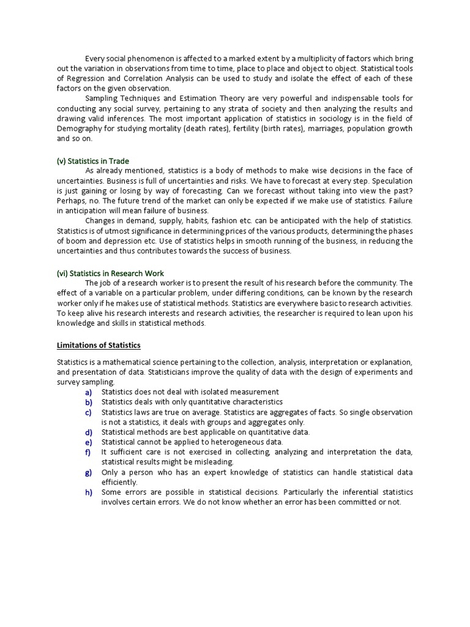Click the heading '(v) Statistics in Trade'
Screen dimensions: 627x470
(x=93, y=161)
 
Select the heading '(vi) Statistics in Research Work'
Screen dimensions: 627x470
(x=111, y=273)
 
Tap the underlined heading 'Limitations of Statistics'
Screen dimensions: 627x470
(x=99, y=345)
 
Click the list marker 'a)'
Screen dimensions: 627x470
(x=89, y=392)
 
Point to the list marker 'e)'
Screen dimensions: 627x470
(x=89, y=442)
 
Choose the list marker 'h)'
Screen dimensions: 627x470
(x=89, y=492)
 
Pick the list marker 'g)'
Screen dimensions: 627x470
(x=89, y=473)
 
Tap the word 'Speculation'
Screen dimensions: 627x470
(x=391, y=181)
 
